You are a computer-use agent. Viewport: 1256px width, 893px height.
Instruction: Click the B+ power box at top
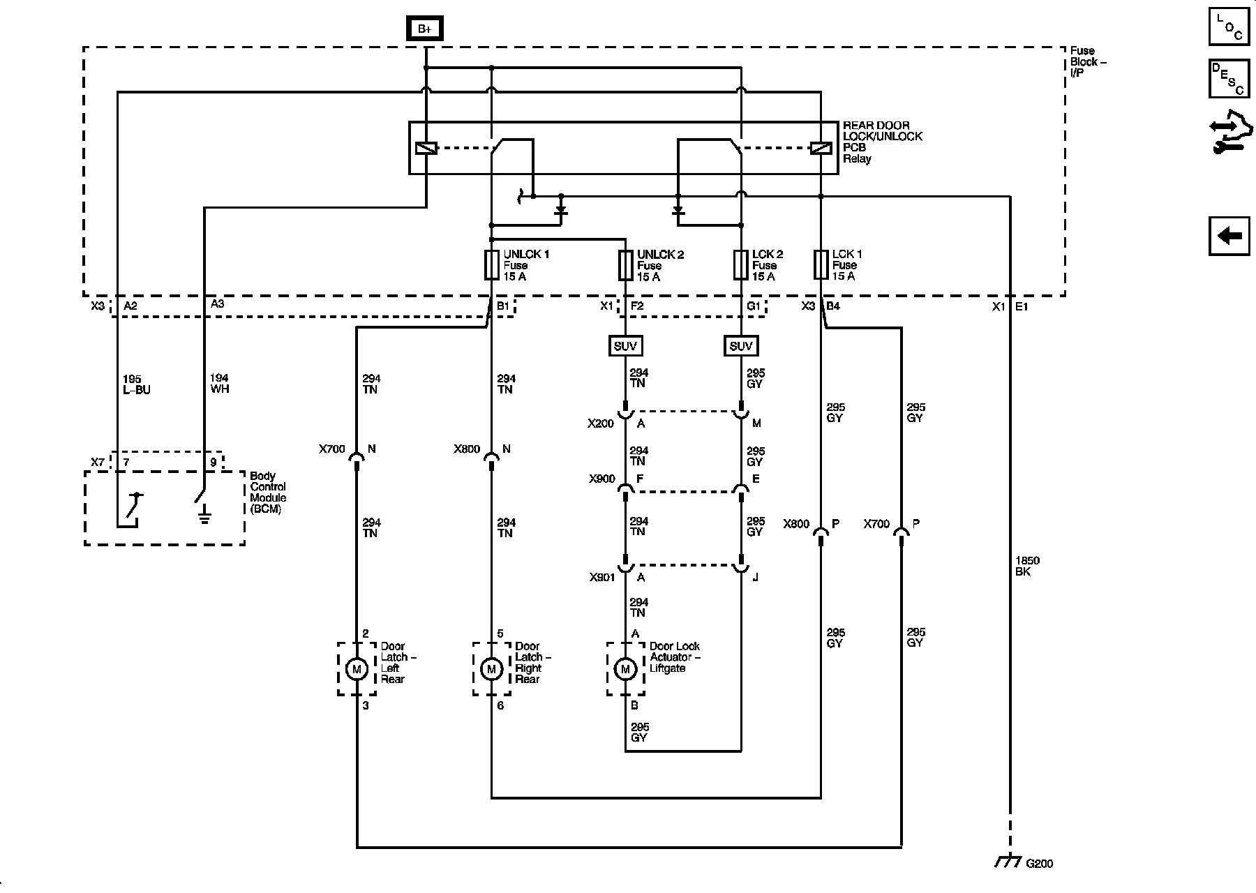click(424, 29)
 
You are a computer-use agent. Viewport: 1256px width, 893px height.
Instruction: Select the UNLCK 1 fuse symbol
click(491, 265)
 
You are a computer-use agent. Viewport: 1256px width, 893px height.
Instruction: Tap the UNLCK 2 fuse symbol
click(625, 265)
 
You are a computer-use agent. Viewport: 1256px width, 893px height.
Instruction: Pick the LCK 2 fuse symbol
click(741, 265)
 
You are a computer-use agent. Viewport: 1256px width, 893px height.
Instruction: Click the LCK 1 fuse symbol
click(821, 265)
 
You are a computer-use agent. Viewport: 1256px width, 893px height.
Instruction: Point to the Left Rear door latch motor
click(357, 669)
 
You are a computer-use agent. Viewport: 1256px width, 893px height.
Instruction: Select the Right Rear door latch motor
click(491, 669)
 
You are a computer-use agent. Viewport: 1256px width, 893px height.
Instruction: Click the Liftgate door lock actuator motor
click(625, 669)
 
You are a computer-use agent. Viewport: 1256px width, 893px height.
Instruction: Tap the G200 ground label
click(1039, 864)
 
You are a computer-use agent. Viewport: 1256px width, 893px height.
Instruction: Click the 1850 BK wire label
click(1026, 566)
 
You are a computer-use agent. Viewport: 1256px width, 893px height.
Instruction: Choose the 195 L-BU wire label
click(136, 384)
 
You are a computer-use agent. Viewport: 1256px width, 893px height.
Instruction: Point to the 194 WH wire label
click(219, 384)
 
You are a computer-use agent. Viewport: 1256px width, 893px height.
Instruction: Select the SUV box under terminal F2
click(625, 346)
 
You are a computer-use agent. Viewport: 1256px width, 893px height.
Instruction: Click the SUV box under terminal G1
click(741, 346)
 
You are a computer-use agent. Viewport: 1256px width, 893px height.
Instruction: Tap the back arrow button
click(1229, 236)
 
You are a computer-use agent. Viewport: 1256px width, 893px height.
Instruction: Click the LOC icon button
click(1229, 27)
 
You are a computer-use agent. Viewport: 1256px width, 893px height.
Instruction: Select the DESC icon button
click(1229, 79)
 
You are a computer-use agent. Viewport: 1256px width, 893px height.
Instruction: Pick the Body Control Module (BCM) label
click(268, 493)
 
